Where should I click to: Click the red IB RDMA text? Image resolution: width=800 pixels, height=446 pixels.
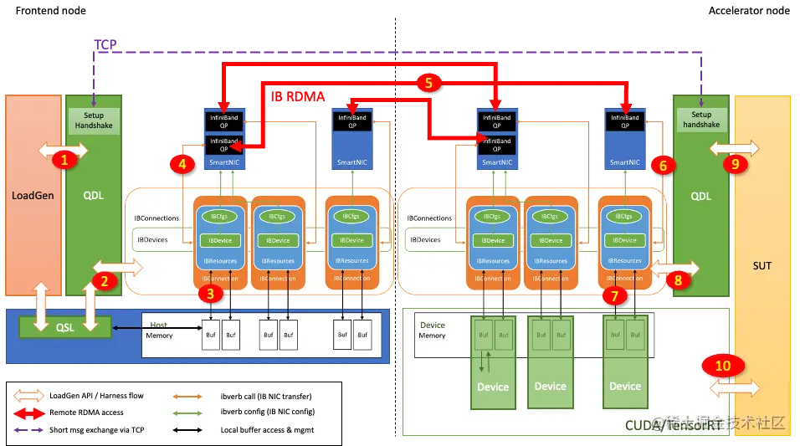coord(298,96)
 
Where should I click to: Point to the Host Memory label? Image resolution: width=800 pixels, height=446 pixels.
coord(159,331)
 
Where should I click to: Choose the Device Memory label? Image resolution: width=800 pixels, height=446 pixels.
coord(432,331)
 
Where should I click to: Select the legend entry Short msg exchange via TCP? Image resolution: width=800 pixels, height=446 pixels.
coord(98,430)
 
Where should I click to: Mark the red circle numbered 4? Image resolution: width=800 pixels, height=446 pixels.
coord(182,164)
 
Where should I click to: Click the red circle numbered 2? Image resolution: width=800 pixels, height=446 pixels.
coord(105,281)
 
